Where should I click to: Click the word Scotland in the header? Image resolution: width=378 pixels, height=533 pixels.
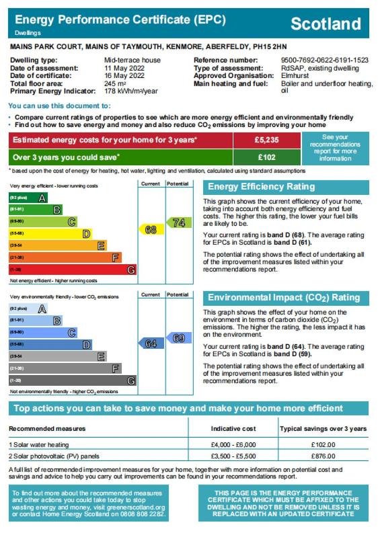tap(326, 24)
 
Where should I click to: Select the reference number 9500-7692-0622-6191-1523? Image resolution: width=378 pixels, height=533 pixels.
tap(325, 60)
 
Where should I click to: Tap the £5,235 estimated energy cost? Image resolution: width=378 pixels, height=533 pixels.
tap(267, 140)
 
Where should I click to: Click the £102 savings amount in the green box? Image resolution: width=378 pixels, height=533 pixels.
tap(267, 157)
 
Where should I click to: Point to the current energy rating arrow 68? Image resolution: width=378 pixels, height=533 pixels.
tap(151, 230)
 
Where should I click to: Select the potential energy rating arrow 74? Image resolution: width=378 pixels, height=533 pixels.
tap(179, 222)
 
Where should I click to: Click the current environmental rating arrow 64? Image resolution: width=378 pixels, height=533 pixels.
tap(151, 343)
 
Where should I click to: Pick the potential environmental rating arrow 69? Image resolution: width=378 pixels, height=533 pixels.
tap(179, 338)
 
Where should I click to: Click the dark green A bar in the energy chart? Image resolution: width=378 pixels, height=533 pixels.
tap(28, 198)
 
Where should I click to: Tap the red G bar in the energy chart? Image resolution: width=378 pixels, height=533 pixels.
tap(73, 270)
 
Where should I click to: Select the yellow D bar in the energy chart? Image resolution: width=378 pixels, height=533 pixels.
tap(50, 233)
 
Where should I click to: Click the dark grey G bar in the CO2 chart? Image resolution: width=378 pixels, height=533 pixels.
tap(73, 380)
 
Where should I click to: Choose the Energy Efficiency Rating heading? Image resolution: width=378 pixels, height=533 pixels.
tap(261, 187)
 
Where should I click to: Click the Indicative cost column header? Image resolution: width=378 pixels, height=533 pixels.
tap(233, 429)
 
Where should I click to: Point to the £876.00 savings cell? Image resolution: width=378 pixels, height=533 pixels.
tap(324, 456)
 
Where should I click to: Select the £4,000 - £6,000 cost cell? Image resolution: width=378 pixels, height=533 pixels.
tap(233, 445)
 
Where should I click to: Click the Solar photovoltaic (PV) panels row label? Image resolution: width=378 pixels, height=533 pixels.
tap(54, 456)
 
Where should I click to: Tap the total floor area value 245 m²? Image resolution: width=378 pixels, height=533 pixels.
tap(115, 83)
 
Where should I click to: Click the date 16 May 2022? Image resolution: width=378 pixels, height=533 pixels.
tap(124, 75)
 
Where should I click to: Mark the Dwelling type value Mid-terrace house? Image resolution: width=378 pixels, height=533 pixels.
tap(133, 60)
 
